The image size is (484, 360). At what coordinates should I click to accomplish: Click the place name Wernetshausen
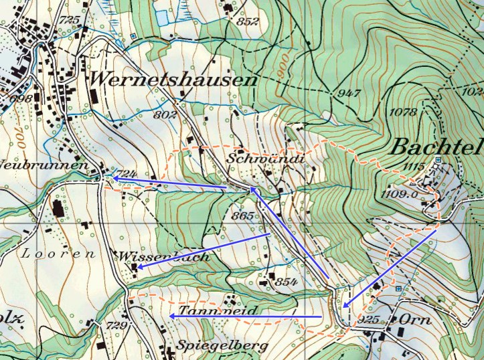point(172,79)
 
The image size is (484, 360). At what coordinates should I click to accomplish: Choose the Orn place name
point(415,320)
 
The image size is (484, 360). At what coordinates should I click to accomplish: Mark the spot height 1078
point(402,112)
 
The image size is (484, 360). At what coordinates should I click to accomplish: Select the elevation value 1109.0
point(401,194)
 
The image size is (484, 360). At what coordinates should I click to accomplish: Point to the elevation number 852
point(247,21)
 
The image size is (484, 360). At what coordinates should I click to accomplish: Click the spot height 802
point(165,115)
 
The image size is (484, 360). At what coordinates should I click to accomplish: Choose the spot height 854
point(285,281)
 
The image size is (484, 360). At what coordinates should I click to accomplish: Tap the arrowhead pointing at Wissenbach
point(139,266)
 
